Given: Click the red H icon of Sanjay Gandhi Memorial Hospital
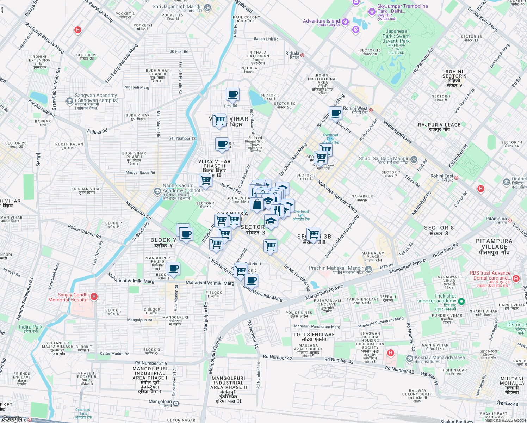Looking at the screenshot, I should tap(94, 297).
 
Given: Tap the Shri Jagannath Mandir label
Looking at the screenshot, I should tap(177, 6).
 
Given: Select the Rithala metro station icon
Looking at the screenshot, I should tap(302, 55).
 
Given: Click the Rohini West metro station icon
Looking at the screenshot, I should tap(371, 110).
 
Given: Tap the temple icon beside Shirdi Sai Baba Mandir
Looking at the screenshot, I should tap(414, 159).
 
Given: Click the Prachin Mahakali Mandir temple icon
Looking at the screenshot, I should tap(368, 270).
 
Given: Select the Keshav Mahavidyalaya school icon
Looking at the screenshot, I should tap(409, 358).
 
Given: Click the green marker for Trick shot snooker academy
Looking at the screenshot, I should tap(461, 301).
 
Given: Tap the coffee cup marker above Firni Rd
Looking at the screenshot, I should tap(232, 94).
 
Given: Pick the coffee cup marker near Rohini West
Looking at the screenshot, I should tap(336, 113).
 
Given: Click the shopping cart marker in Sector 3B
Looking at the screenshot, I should tap(313, 234).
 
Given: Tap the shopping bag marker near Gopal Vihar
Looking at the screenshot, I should tap(257, 204).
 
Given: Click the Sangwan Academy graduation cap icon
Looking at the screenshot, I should tap(69, 101).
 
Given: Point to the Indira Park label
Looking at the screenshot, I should tap(31, 327).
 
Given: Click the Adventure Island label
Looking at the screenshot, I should tap(321, 21).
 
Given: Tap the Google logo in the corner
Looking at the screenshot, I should tap(12, 419).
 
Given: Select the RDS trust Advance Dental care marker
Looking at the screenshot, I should tap(516, 278).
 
